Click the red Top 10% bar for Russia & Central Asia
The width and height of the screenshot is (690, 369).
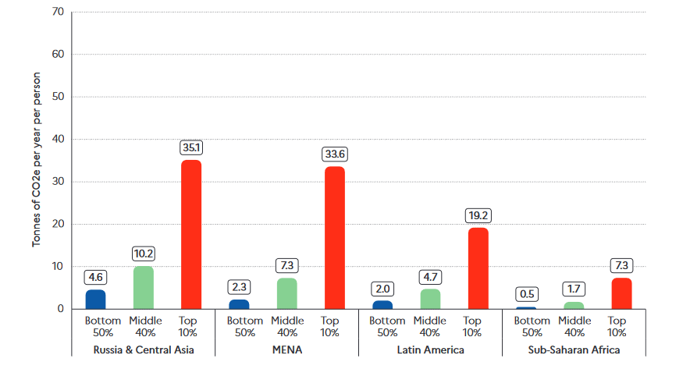191,234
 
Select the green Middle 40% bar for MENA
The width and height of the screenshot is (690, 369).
286,293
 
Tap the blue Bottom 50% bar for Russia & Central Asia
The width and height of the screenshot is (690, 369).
95,300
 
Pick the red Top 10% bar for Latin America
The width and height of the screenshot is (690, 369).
478,268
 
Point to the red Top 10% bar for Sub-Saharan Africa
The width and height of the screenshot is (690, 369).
621,293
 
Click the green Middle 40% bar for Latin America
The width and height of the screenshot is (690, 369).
430,299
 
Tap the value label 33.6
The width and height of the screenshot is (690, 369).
334,154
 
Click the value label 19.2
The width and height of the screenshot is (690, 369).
478,215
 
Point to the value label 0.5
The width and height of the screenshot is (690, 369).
526,294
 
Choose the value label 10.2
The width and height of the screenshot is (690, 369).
144,253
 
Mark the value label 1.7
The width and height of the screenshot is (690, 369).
574,289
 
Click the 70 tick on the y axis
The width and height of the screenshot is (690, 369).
58,12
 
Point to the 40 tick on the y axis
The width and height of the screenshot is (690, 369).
58,140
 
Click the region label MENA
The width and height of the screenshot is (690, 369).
286,350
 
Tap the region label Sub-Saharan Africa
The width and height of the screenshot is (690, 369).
574,350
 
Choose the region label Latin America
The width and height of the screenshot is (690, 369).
430,350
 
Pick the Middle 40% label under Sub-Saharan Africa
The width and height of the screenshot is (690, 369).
574,326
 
